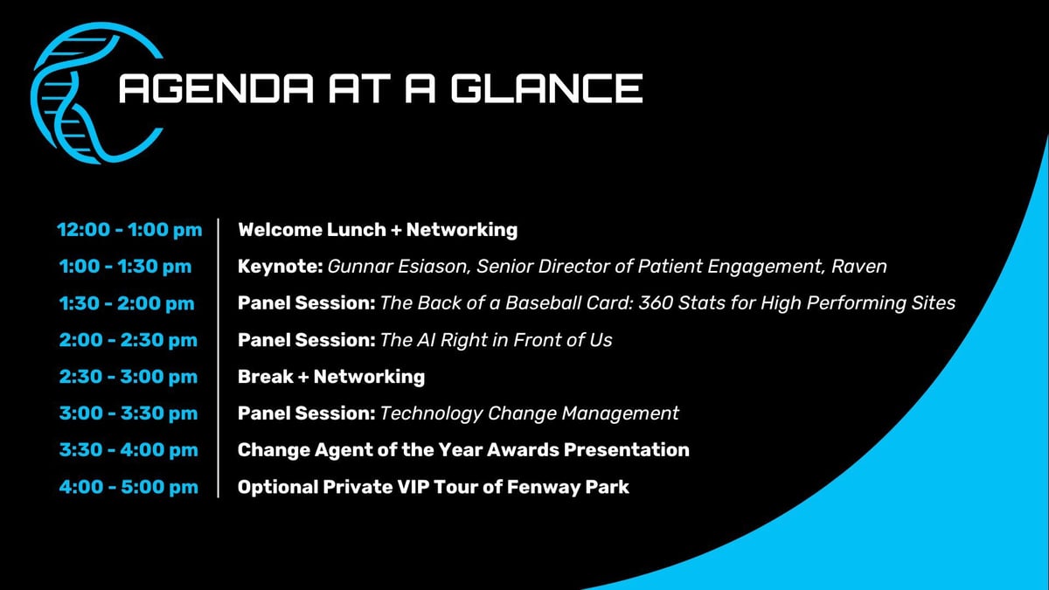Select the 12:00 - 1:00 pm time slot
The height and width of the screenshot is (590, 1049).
click(x=129, y=230)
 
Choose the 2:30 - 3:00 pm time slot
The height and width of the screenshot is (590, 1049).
click(x=129, y=377)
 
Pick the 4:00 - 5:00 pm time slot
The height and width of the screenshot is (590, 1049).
click(x=129, y=487)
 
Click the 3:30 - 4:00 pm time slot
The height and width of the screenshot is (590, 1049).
click(x=129, y=450)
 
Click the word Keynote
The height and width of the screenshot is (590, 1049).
click(x=279, y=267)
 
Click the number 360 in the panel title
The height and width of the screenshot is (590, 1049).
click(x=656, y=303)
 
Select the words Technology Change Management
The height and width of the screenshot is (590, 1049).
click(x=530, y=413)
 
